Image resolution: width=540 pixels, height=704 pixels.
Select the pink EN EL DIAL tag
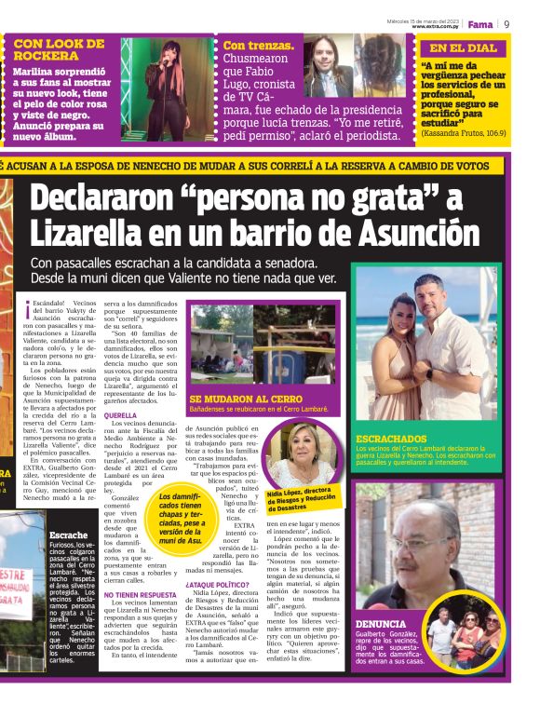pyautogui.click(x=461, y=47)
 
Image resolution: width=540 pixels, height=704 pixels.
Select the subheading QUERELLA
pyautogui.click(x=120, y=415)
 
